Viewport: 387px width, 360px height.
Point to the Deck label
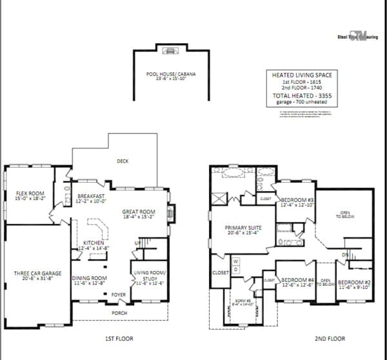pyautogui.click(x=122, y=161)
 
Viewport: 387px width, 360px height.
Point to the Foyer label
pyautogui.click(x=117, y=295)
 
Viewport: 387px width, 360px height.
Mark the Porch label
pyautogui.click(x=119, y=313)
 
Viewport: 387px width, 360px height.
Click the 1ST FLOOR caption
pyautogui.click(x=119, y=339)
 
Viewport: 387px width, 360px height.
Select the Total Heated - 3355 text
pyautogui.click(x=301, y=95)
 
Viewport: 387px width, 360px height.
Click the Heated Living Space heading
pyautogui.click(x=301, y=75)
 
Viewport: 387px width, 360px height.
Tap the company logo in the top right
pyautogui.click(x=357, y=37)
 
